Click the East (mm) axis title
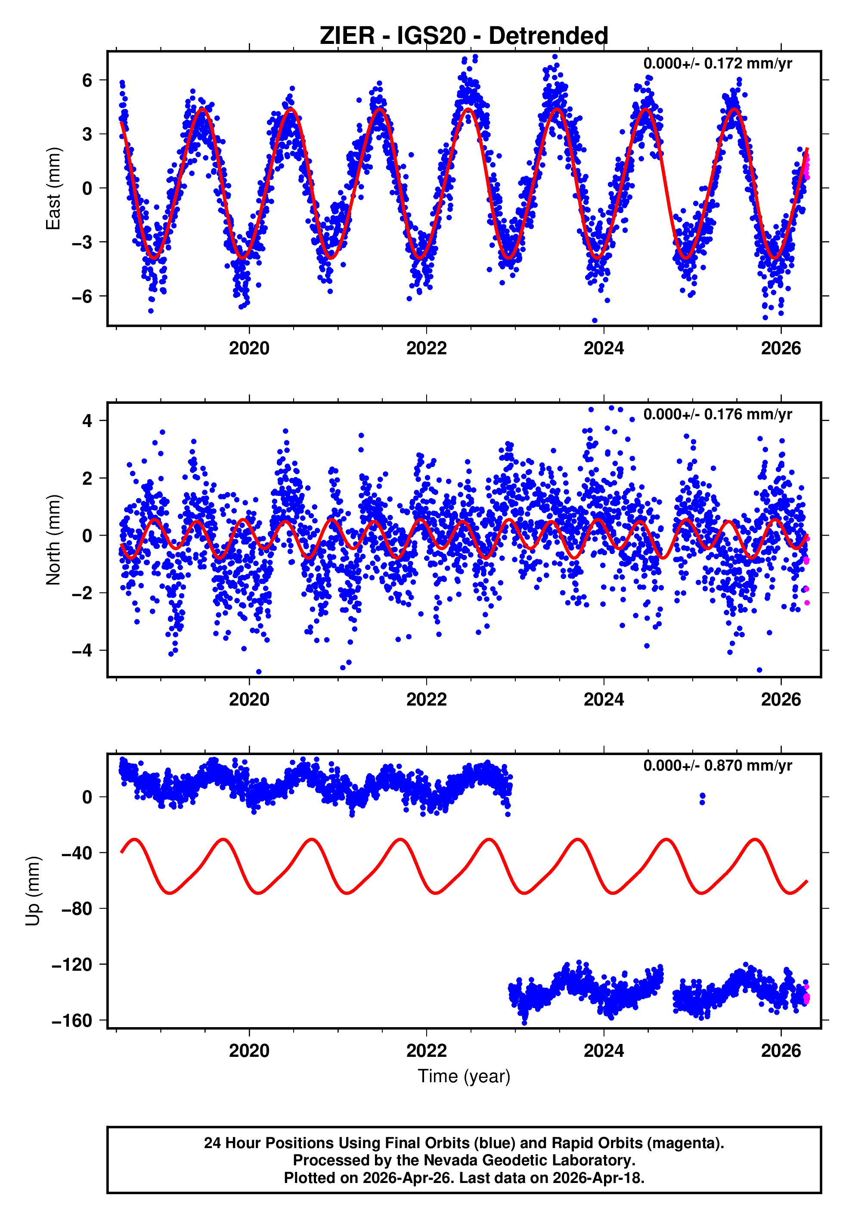(x=53, y=189)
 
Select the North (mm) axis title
(x=53, y=540)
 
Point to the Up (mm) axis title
(x=33, y=891)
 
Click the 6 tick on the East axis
(x=87, y=81)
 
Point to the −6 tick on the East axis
(x=82, y=297)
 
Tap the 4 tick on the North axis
(x=87, y=421)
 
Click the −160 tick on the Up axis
(x=72, y=1021)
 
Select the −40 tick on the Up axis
(x=77, y=853)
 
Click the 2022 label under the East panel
(x=426, y=349)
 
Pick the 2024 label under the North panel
(x=604, y=700)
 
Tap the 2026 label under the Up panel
(x=781, y=1051)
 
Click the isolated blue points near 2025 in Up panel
(x=703, y=798)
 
